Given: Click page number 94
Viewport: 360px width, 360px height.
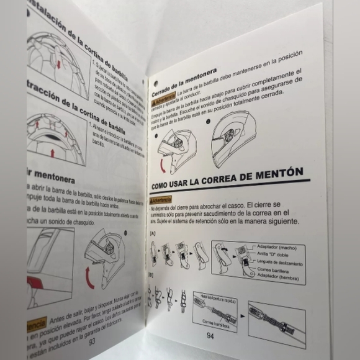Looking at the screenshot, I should pos(210,336).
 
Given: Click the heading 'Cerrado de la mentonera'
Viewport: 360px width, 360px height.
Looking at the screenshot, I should pos(184,79).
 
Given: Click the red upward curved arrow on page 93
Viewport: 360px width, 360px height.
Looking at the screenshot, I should pos(91,279).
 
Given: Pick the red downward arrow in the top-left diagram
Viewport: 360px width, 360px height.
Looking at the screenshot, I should pos(57,64).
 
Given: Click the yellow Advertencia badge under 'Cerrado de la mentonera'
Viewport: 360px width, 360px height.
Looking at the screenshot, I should pos(163,99).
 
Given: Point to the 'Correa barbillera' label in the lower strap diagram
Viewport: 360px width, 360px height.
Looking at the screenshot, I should pos(215,322).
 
